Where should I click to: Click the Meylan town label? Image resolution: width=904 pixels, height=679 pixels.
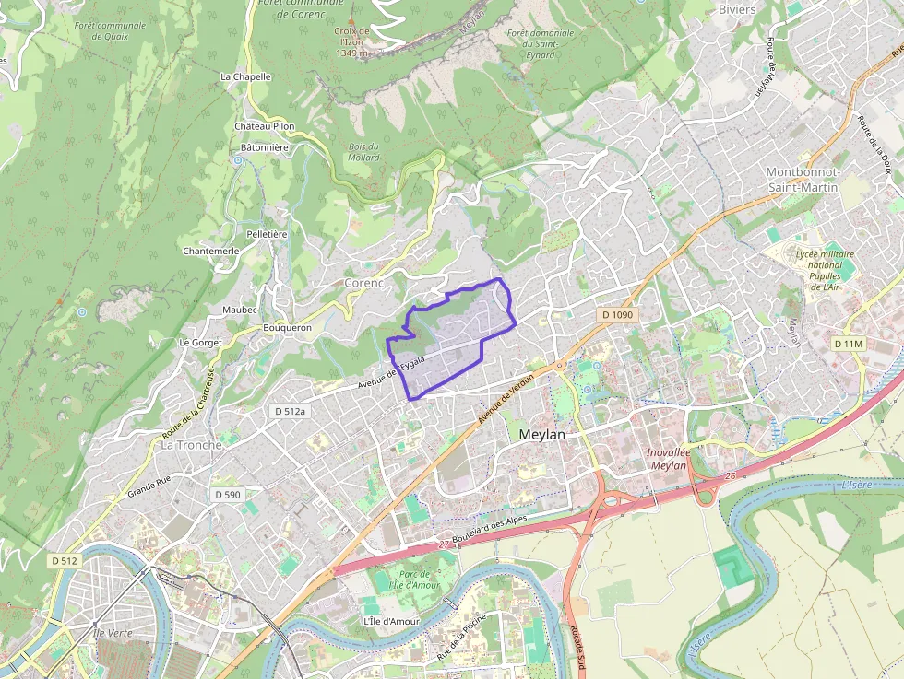pyautogui.click(x=543, y=434)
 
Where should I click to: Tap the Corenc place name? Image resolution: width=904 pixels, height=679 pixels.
pyautogui.click(x=363, y=283)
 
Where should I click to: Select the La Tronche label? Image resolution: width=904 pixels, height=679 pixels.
pyautogui.click(x=192, y=445)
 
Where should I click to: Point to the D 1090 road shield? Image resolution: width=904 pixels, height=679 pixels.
pyautogui.click(x=617, y=315)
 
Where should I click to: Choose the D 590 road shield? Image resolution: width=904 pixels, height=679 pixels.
pyautogui.click(x=227, y=495)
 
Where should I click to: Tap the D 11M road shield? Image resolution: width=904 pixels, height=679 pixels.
pyautogui.click(x=848, y=344)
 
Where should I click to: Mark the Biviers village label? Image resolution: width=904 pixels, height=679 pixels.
pyautogui.click(x=736, y=10)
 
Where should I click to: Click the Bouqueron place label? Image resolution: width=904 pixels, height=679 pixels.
pyautogui.click(x=287, y=327)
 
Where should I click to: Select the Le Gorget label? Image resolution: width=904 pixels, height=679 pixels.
pyautogui.click(x=196, y=343)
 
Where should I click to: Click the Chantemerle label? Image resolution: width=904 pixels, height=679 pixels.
pyautogui.click(x=211, y=251)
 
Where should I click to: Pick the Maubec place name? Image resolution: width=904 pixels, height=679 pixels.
pyautogui.click(x=240, y=310)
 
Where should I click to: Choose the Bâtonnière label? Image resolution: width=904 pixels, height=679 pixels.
pyautogui.click(x=264, y=147)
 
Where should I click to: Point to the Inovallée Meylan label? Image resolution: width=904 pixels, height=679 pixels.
pyautogui.click(x=668, y=459)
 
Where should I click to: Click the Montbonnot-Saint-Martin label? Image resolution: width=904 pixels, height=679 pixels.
pyautogui.click(x=802, y=180)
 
